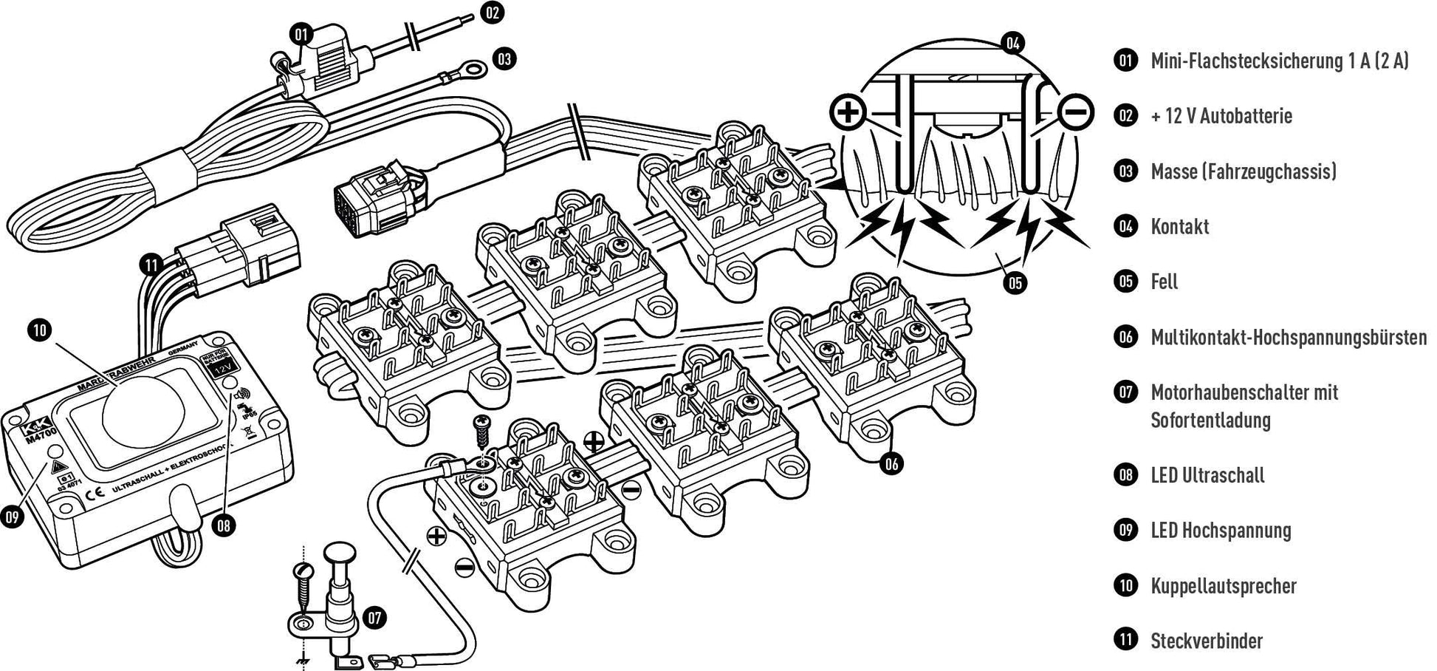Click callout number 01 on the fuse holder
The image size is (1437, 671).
click(x=301, y=34)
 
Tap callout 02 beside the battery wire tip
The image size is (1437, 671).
click(x=493, y=13)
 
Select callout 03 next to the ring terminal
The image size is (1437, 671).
click(x=504, y=58)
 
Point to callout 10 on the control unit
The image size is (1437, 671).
click(x=40, y=330)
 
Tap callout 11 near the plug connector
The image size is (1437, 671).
click(x=151, y=265)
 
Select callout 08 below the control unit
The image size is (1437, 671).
click(x=224, y=525)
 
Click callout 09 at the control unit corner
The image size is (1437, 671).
click(x=12, y=517)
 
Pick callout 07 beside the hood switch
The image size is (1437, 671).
click(x=375, y=617)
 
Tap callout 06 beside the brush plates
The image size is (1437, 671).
click(x=892, y=463)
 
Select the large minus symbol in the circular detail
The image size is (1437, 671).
click(x=1076, y=112)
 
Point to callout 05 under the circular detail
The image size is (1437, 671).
click(x=1016, y=282)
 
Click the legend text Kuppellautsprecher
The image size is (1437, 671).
click(x=1223, y=586)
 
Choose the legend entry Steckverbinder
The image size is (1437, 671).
click(x=1207, y=641)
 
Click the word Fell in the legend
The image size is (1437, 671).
click(x=1164, y=282)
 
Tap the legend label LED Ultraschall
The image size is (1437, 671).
click(x=1207, y=474)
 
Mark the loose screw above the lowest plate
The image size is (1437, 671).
click(x=481, y=431)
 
